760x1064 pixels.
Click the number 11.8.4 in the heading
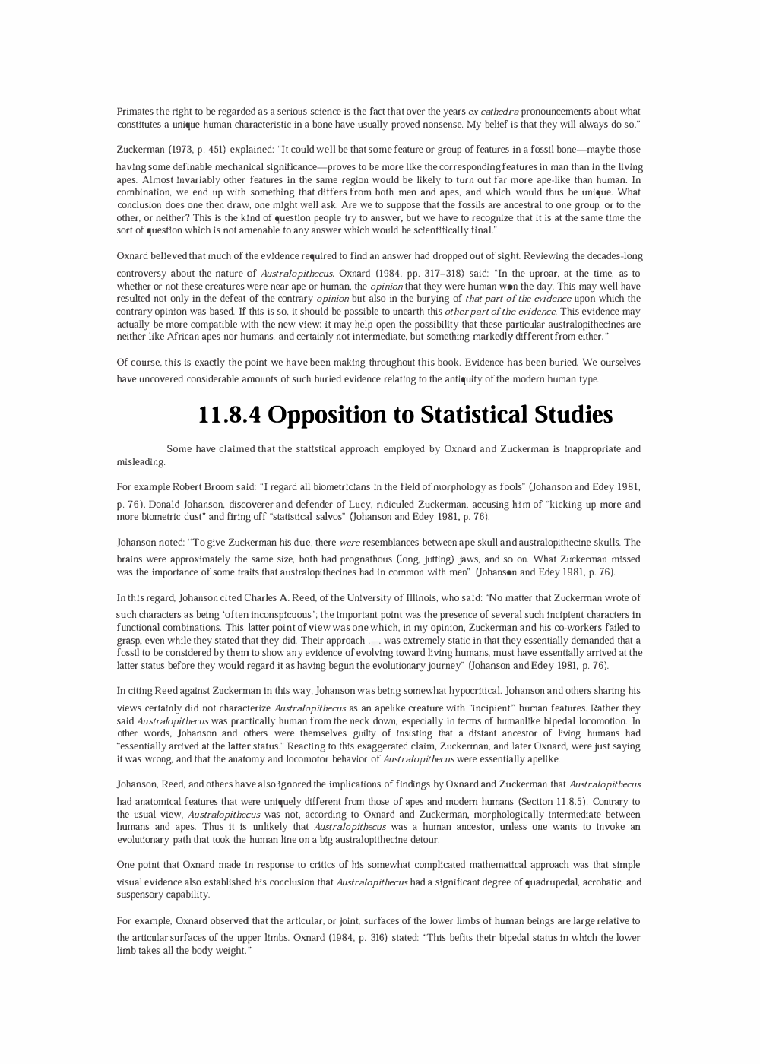pyautogui.click(x=230, y=415)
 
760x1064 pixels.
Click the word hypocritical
pyautogui.click(x=494, y=691)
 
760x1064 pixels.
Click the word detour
pyautogui.click(x=422, y=840)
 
